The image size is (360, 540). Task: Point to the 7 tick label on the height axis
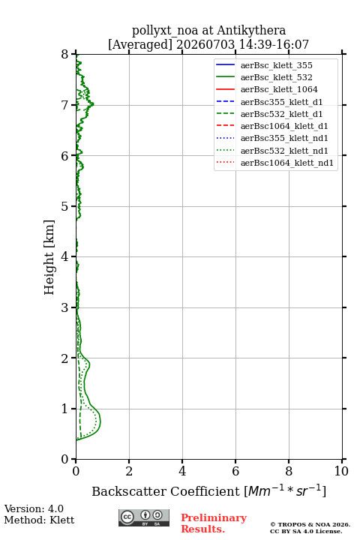coord(65,105)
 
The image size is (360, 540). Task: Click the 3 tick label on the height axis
coord(65,307)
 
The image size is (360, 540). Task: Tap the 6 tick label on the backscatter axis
coord(235,471)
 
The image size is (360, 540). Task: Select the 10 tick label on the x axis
coord(341,471)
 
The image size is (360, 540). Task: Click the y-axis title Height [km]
coord(49,257)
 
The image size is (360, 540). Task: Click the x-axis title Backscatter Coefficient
coord(166,491)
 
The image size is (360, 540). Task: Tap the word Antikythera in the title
coord(251,30)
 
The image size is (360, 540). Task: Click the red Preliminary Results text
coord(214,523)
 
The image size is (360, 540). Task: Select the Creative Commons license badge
coord(144,518)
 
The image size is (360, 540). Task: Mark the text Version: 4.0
coord(34,508)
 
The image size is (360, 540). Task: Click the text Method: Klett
coord(39,520)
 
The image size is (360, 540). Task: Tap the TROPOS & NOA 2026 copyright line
coord(310,524)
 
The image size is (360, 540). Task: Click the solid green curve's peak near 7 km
coord(93,104)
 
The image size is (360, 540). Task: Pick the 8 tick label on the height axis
coord(65,55)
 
